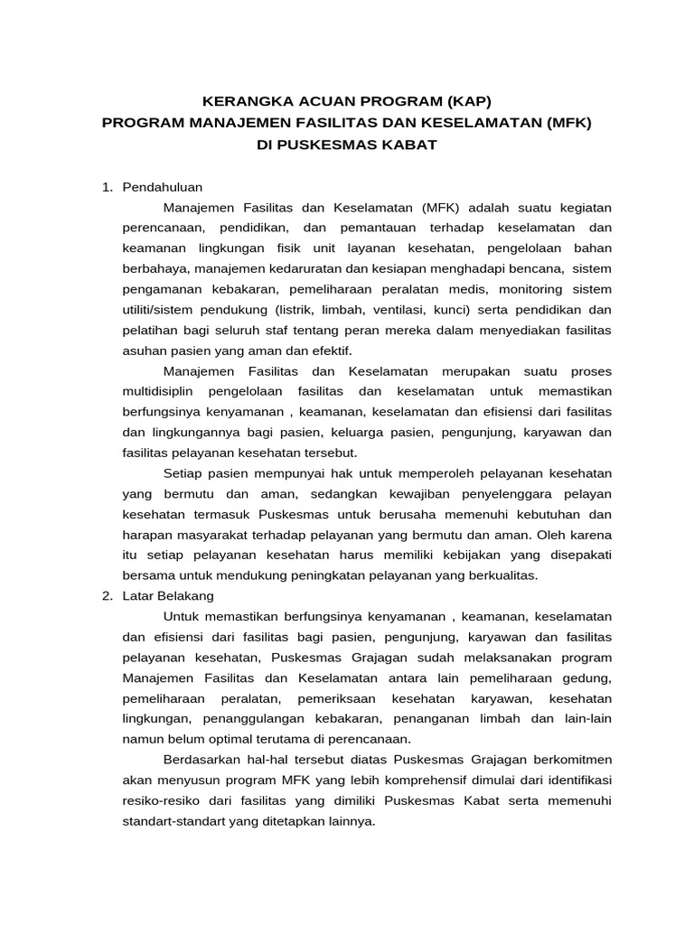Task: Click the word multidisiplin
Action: pos(159,391)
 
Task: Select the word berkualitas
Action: pos(496,575)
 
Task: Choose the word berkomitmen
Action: pos(569,759)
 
